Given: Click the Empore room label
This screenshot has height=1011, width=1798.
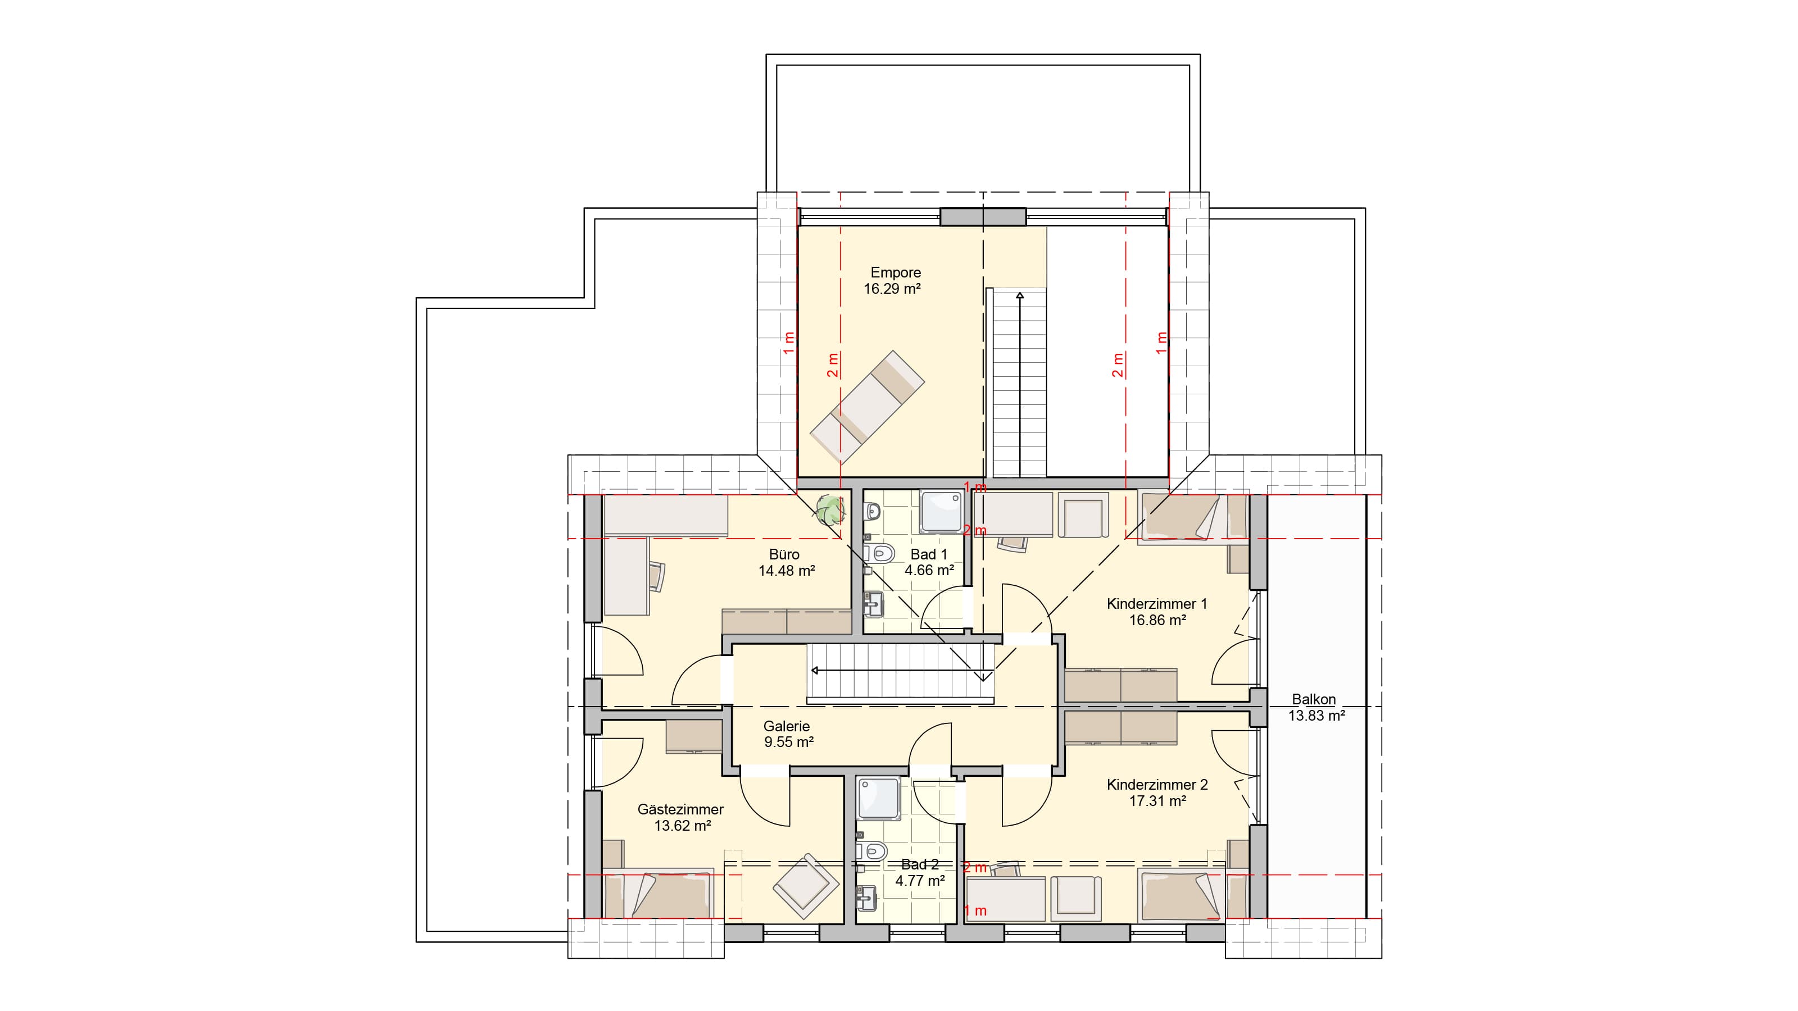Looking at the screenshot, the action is (896, 273).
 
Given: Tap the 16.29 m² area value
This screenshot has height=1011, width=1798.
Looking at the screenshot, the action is (893, 289).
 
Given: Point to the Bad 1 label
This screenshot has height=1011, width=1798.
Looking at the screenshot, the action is (929, 555).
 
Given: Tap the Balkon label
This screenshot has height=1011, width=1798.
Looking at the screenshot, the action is (1314, 699).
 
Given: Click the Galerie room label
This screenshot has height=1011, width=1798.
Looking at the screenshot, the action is (787, 726).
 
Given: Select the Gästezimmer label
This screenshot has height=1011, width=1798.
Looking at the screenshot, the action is (680, 810).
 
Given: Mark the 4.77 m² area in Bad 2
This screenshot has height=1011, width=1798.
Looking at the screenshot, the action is (920, 881).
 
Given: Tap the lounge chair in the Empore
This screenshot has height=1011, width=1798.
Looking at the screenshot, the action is (867, 406).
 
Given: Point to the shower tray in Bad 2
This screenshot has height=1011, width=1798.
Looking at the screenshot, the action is (879, 799).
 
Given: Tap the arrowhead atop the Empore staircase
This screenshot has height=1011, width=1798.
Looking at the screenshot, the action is (1020, 296).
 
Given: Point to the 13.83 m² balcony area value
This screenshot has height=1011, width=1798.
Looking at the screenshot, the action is (1316, 715).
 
